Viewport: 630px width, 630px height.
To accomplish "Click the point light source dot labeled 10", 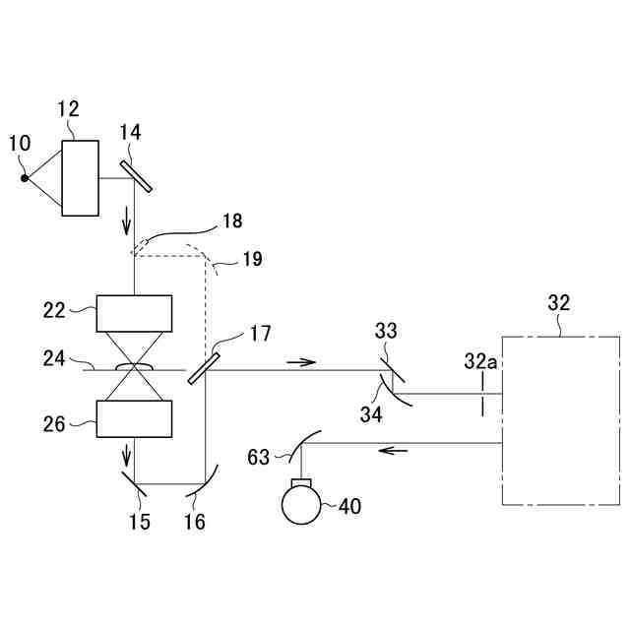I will (25, 178).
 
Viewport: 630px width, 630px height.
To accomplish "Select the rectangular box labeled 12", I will (81, 177).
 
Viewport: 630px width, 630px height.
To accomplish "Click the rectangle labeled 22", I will (134, 314).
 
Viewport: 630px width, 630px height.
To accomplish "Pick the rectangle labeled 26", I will (134, 418).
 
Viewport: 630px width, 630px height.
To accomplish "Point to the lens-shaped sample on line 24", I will (134, 367).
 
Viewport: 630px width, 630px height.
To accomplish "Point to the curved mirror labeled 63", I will (301, 445).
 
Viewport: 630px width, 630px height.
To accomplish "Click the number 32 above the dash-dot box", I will (558, 303).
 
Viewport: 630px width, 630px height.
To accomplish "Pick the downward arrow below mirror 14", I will (126, 222).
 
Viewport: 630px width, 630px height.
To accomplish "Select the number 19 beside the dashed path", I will (252, 260).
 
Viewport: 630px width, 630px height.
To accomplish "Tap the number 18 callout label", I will (232, 220).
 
